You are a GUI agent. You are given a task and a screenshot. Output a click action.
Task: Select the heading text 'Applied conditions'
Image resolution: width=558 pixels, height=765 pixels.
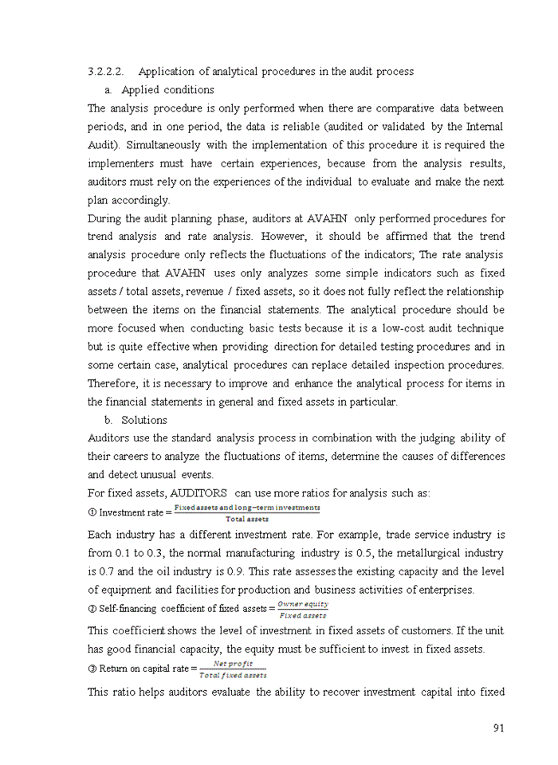pos(167,90)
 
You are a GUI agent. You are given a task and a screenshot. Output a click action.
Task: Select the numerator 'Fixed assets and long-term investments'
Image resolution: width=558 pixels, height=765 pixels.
pos(247,508)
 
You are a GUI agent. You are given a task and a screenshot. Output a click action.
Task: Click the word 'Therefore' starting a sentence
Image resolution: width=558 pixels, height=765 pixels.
pos(111,383)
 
